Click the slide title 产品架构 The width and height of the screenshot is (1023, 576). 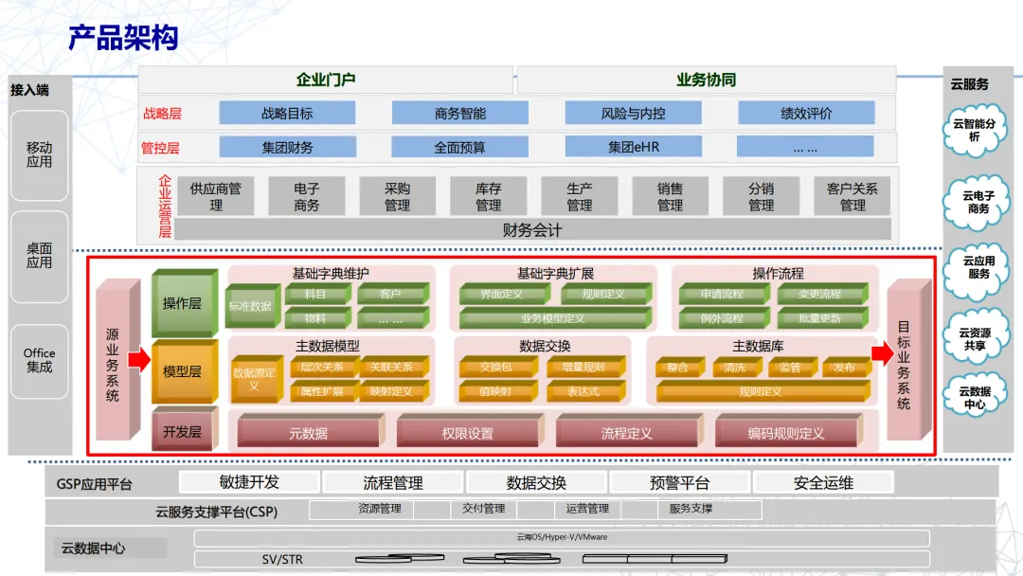pos(123,38)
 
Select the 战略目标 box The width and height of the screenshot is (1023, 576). pos(287,113)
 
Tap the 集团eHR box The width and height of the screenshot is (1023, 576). pos(634,147)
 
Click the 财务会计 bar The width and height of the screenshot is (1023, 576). pos(532,229)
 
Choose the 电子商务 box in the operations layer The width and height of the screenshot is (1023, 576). pos(307,197)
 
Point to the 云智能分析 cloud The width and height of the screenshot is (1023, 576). pos(975,131)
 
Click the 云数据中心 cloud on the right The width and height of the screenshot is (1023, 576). pos(975,398)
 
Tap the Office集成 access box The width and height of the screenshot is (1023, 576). pos(40,360)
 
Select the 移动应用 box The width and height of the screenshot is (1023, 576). pos(40,154)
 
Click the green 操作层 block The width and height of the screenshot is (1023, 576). pos(183,303)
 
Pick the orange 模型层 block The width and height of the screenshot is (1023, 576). pos(183,371)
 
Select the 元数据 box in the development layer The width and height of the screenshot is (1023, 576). pos(309,433)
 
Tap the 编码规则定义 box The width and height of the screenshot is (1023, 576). pos(786,433)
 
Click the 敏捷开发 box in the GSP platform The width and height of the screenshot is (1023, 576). pos(249,482)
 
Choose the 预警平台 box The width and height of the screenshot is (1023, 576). pos(679,483)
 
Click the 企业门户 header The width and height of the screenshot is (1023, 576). pos(326,80)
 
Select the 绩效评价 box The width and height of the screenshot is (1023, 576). pos(806,113)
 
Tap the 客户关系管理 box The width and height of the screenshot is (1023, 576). pos(852,197)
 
